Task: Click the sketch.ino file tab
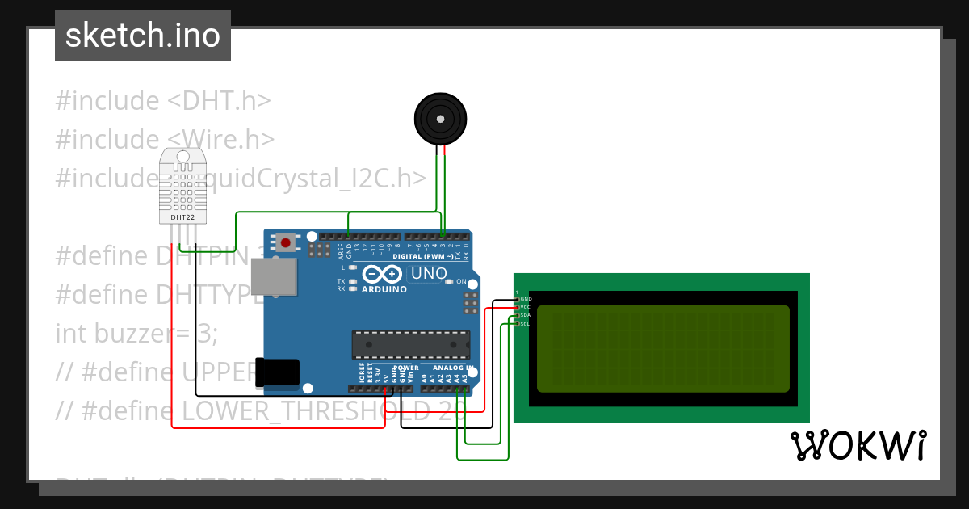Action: tap(143, 36)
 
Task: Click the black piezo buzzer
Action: tap(440, 119)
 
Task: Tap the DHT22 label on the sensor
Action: tap(182, 217)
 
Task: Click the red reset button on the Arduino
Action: tap(285, 242)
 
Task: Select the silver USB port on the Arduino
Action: tap(273, 276)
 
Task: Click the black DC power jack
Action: tap(277, 372)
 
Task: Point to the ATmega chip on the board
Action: tap(410, 345)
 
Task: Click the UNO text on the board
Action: tap(429, 274)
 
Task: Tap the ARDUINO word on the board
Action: tap(384, 289)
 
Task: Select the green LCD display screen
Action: tap(662, 348)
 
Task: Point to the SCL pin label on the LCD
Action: tap(525, 324)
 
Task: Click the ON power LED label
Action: tap(461, 281)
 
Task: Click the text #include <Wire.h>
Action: tap(165, 139)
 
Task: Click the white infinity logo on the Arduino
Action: tap(383, 274)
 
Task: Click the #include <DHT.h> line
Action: tap(162, 101)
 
